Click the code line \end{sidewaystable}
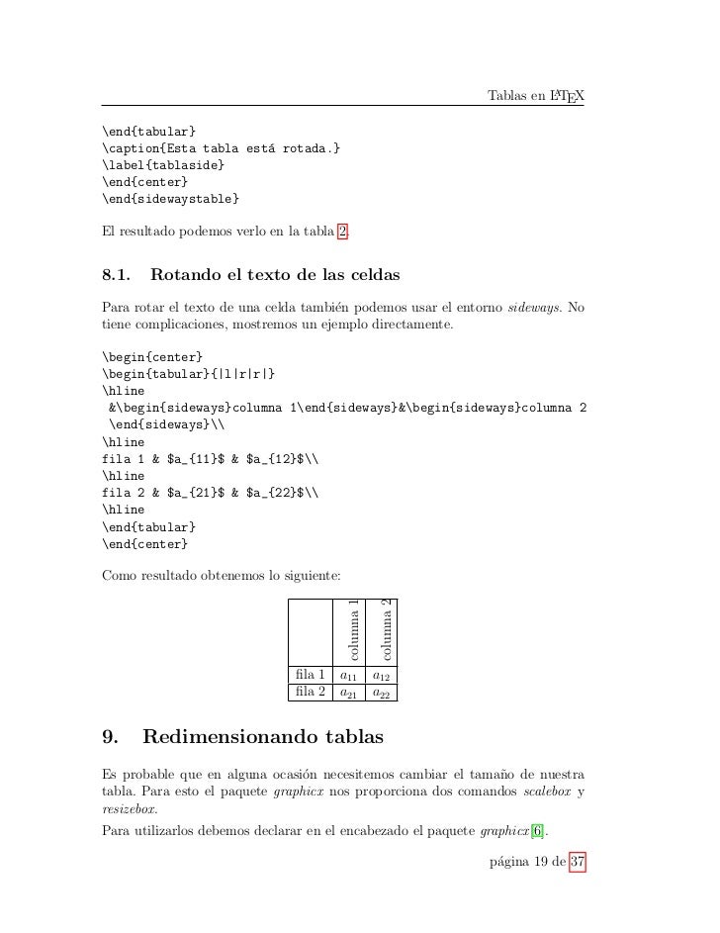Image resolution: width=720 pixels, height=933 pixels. [169, 200]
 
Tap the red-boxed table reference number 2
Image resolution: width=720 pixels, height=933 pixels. [342, 234]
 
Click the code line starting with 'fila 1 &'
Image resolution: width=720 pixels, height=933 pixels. [211, 459]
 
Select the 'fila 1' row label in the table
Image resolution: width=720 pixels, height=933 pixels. [310, 677]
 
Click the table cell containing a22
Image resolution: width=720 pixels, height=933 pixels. [380, 694]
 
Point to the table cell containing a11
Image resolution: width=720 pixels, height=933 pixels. [346, 677]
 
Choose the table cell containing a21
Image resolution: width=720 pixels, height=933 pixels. [346, 694]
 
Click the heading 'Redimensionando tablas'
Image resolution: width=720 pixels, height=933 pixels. [263, 738]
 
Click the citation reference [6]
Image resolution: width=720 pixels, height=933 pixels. [537, 828]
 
